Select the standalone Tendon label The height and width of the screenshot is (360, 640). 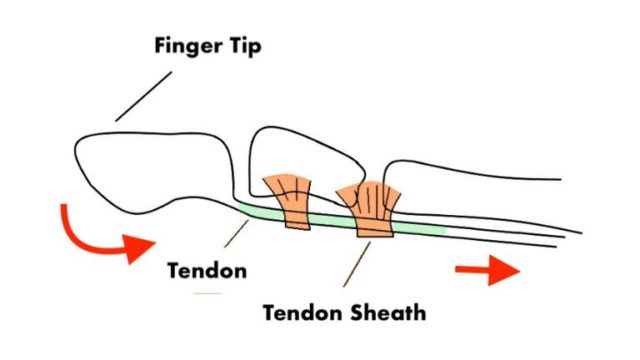[208, 272]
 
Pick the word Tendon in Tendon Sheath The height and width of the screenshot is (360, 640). [297, 312]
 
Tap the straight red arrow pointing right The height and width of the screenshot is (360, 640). [487, 270]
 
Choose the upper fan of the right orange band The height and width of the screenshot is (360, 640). [370, 195]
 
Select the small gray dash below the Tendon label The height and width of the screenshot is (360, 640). [208, 293]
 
